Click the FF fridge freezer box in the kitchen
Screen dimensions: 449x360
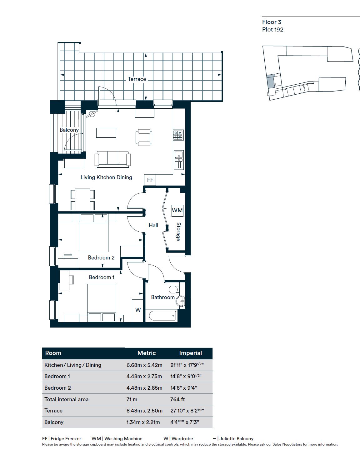150,180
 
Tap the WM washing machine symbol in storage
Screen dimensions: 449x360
177,210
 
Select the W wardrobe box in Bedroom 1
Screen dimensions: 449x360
138,310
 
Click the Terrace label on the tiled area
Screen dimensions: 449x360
137,79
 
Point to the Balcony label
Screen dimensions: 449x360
69,130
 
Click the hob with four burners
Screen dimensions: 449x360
178,135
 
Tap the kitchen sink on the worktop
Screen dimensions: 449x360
178,160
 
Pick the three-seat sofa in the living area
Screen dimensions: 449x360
113,159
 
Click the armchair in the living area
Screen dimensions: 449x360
144,137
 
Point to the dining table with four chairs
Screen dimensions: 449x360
83,199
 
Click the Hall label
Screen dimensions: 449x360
153,225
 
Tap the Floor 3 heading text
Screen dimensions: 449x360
272,22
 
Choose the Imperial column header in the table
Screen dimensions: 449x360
190,353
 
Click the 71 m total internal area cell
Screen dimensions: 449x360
132,399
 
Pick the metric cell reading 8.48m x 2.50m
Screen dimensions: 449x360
144,411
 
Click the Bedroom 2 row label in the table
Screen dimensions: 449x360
58,388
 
